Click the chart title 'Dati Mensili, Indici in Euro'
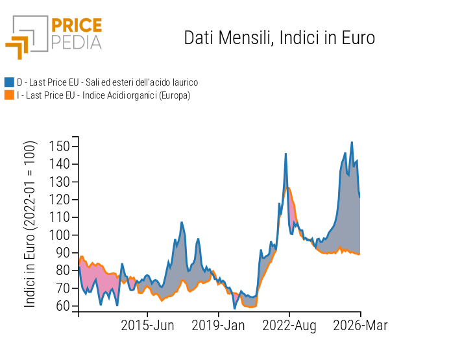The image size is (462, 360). [279, 38]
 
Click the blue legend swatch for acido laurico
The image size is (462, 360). [9, 82]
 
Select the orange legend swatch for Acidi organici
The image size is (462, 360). [9, 95]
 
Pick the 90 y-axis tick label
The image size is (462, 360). [62, 252]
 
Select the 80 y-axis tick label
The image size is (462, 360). [62, 270]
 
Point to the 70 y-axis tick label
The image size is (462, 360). [62, 288]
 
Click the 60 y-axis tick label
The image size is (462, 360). [62, 306]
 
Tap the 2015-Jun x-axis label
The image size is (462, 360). [147, 326]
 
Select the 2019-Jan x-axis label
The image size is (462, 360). [218, 326]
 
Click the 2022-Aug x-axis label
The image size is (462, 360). [289, 326]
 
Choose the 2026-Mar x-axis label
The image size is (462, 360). [360, 326]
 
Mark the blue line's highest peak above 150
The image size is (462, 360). [352, 143]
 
